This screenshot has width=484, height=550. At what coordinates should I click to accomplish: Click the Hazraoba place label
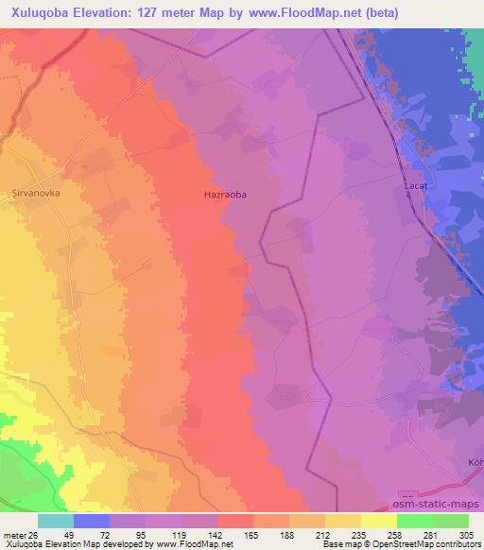(225, 195)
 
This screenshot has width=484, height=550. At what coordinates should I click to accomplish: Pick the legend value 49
(56, 535)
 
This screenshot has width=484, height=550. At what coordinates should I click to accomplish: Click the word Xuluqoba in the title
(40, 13)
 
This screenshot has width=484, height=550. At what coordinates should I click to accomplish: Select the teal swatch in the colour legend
(56, 521)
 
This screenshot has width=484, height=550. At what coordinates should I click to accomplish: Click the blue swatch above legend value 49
(92, 521)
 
